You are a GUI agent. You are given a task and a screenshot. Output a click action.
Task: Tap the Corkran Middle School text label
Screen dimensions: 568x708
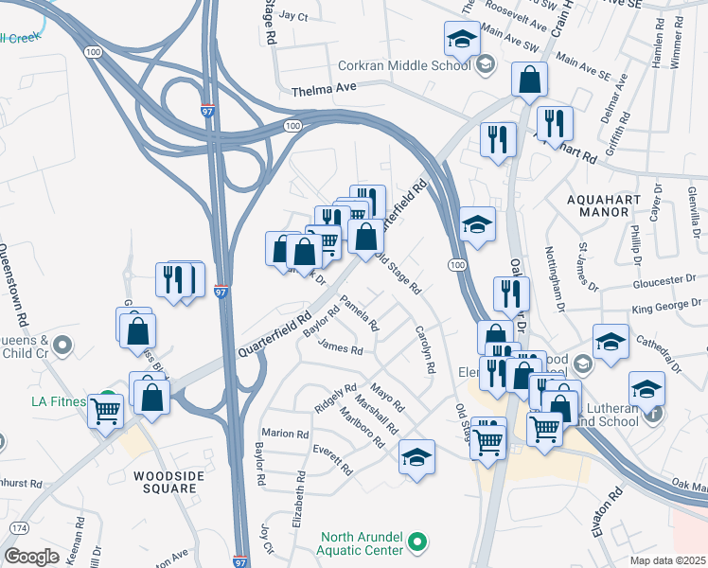point(405,65)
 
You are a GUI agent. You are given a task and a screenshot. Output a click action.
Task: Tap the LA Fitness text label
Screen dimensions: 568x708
point(59,401)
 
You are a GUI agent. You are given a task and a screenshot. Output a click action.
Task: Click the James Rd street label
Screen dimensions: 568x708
point(341,349)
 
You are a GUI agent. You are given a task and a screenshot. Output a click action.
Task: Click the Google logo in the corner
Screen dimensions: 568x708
point(31,557)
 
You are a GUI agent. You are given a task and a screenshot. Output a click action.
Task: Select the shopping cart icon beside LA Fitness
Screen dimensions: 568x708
point(106,410)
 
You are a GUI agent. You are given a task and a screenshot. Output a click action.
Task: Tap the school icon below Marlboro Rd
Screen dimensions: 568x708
point(416,458)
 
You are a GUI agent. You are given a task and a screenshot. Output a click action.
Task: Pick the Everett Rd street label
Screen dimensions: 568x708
point(332,457)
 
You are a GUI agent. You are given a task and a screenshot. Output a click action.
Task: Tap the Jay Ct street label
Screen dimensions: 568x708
point(294,17)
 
